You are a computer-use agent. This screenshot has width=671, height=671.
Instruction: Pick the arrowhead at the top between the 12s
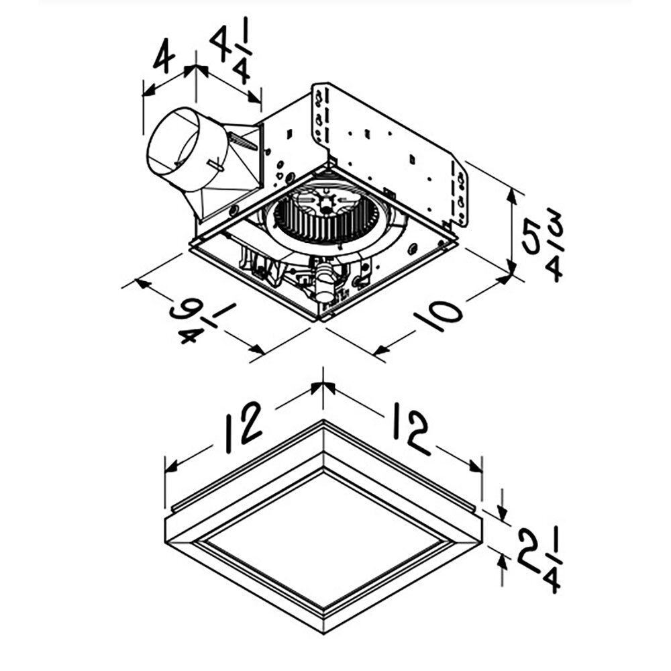(x=323, y=386)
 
